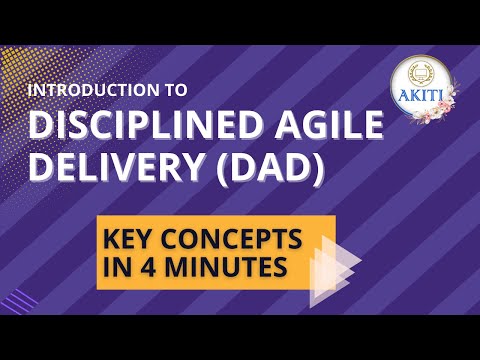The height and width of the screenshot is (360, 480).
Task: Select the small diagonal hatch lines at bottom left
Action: coord(27,299)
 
